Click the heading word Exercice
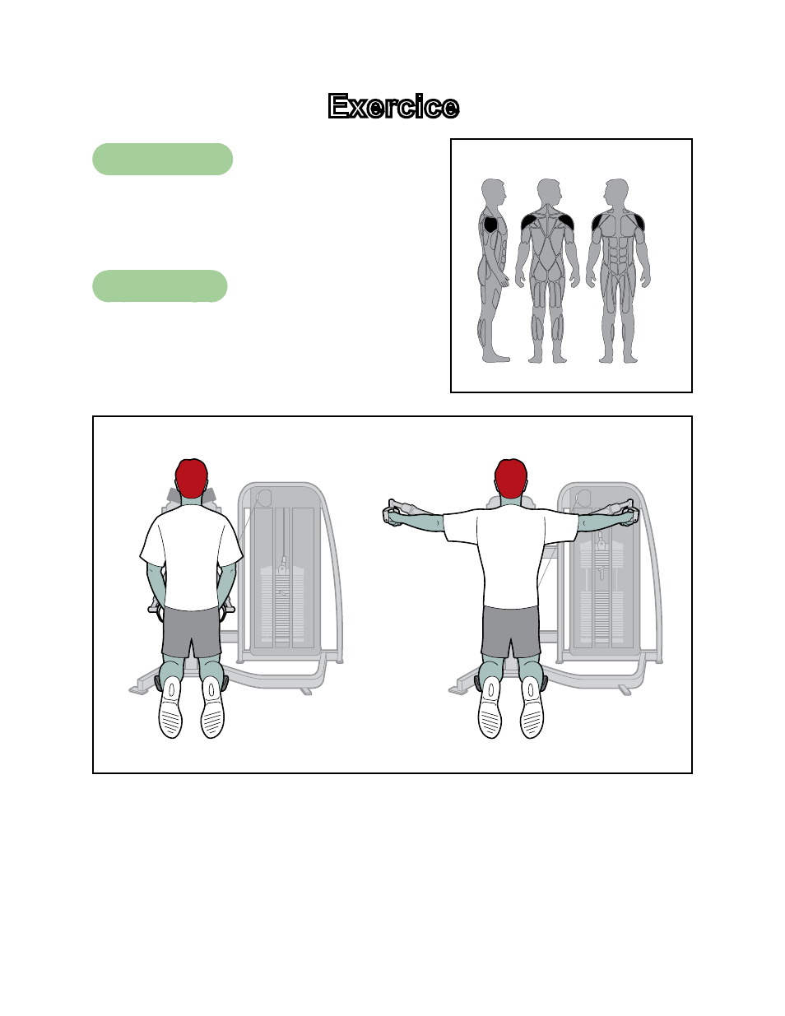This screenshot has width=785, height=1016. [393, 106]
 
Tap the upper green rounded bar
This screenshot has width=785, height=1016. [162, 159]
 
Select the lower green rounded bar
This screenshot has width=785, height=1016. [160, 285]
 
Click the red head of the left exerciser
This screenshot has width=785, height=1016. [191, 478]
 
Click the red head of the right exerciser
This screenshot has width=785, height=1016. [510, 478]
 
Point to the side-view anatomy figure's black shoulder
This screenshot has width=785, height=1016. [490, 225]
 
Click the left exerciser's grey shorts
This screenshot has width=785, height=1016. [191, 631]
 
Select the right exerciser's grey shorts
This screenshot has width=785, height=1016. [510, 631]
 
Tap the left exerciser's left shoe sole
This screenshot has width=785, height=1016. [170, 707]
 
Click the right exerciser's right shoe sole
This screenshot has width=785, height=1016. [532, 707]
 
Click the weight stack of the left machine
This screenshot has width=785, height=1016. [282, 603]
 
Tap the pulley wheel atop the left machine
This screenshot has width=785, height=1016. [265, 498]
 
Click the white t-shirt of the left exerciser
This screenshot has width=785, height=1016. [191, 556]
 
